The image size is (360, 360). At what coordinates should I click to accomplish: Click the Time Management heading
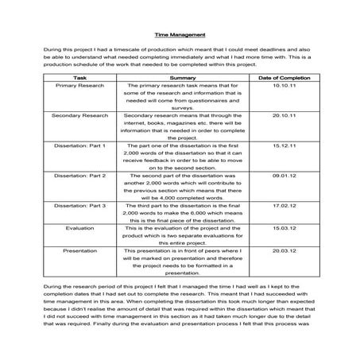180,35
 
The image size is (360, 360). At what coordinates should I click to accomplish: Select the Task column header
79,78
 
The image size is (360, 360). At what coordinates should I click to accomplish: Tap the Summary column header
182,78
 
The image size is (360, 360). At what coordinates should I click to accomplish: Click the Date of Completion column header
283,78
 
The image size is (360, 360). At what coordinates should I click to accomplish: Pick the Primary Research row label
79,86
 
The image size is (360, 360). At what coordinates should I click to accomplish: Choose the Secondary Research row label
79,116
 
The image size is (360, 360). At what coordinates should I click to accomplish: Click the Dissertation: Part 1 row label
79,146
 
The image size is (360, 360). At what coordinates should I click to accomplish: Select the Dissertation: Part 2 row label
79,176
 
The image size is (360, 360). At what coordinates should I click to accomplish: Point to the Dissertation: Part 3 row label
79,206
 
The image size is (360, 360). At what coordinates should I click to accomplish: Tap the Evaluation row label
79,227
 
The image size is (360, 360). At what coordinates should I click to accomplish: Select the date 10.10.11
283,86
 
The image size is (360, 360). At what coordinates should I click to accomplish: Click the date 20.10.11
283,116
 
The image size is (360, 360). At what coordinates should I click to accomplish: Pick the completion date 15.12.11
283,146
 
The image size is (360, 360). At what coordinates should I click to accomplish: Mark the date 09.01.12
283,176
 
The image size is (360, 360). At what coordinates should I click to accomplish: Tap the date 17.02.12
283,206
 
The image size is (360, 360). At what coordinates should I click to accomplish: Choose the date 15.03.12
283,227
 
